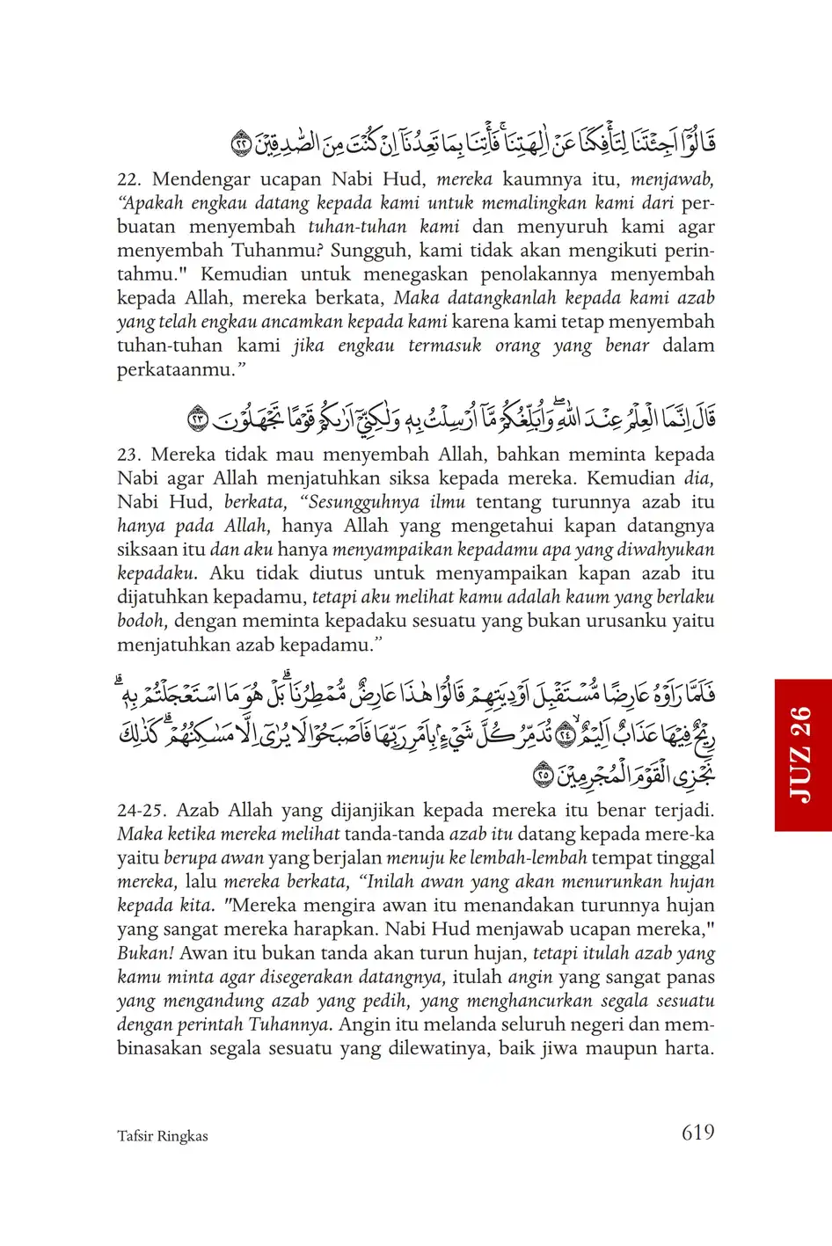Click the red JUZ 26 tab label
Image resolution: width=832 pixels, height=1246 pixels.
tap(802, 754)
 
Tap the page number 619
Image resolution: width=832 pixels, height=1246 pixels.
tap(697, 1133)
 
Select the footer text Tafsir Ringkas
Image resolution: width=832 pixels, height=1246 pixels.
tap(162, 1136)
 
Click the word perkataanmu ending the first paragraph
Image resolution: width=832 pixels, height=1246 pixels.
tap(172, 370)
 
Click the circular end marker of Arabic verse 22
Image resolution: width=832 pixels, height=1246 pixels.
tap(240, 142)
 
